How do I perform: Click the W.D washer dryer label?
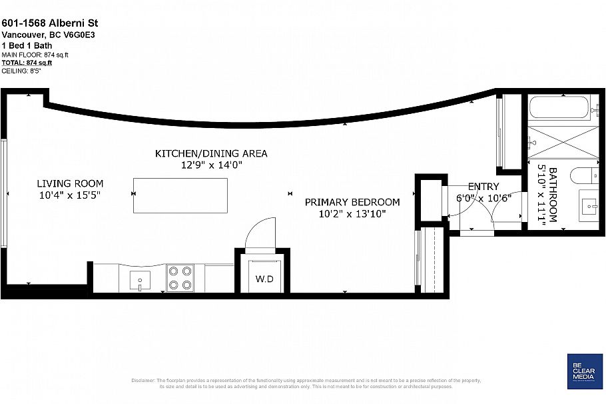[264, 279]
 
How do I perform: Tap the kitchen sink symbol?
[140, 279]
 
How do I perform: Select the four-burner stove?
[180, 278]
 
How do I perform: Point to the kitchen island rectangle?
[180, 195]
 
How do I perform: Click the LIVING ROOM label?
[70, 183]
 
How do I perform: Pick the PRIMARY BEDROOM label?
[352, 202]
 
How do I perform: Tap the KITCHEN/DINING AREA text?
[211, 153]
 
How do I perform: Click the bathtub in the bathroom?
[560, 107]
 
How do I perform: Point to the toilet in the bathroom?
[587, 176]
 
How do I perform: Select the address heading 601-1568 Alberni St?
[50, 23]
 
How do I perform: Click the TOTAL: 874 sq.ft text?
[27, 63]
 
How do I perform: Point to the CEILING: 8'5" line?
[21, 70]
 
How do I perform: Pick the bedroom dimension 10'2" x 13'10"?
[352, 213]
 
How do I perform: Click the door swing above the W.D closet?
[260, 233]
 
